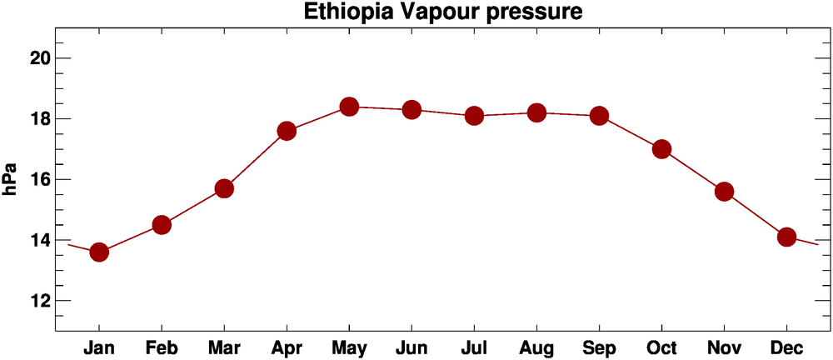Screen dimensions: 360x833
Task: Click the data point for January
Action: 99,252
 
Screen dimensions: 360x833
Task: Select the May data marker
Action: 349,107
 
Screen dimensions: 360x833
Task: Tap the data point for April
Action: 287,131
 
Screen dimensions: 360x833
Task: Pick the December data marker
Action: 786,237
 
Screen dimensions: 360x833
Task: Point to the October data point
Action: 661,149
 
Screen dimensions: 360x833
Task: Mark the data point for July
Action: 474,116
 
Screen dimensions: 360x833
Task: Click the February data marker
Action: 162,225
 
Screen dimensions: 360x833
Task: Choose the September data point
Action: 599,116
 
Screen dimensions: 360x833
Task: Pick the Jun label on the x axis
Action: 412,347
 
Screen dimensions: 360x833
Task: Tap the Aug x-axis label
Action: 536,347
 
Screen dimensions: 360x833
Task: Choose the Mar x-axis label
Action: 224,347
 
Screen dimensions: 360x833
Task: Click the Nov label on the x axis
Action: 724,347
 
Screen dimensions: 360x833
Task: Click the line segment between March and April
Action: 256,159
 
